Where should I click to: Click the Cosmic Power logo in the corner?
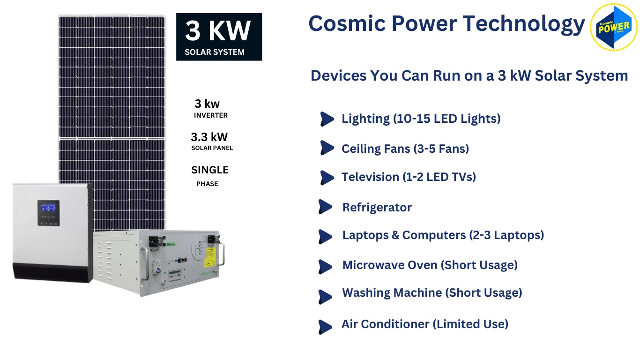(x=614, y=28)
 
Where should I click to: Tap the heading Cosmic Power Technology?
(x=447, y=23)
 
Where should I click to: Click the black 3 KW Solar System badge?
(x=219, y=37)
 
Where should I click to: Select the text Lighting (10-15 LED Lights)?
(x=421, y=119)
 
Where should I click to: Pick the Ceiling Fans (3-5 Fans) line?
(x=405, y=149)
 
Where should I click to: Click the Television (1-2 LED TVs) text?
(x=409, y=177)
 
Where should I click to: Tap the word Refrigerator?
(x=377, y=207)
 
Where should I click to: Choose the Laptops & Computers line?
(x=443, y=235)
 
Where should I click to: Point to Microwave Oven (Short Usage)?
(x=430, y=265)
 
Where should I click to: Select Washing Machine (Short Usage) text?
(x=432, y=292)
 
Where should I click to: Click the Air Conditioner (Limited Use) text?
(x=424, y=324)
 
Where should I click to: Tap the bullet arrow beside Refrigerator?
(x=325, y=207)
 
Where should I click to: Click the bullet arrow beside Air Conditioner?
(x=325, y=327)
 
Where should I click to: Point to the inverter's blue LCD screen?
(x=48, y=208)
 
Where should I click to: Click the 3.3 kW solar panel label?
(x=209, y=137)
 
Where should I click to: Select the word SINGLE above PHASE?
(x=210, y=170)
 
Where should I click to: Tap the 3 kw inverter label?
(x=207, y=104)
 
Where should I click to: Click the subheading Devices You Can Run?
(x=469, y=75)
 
